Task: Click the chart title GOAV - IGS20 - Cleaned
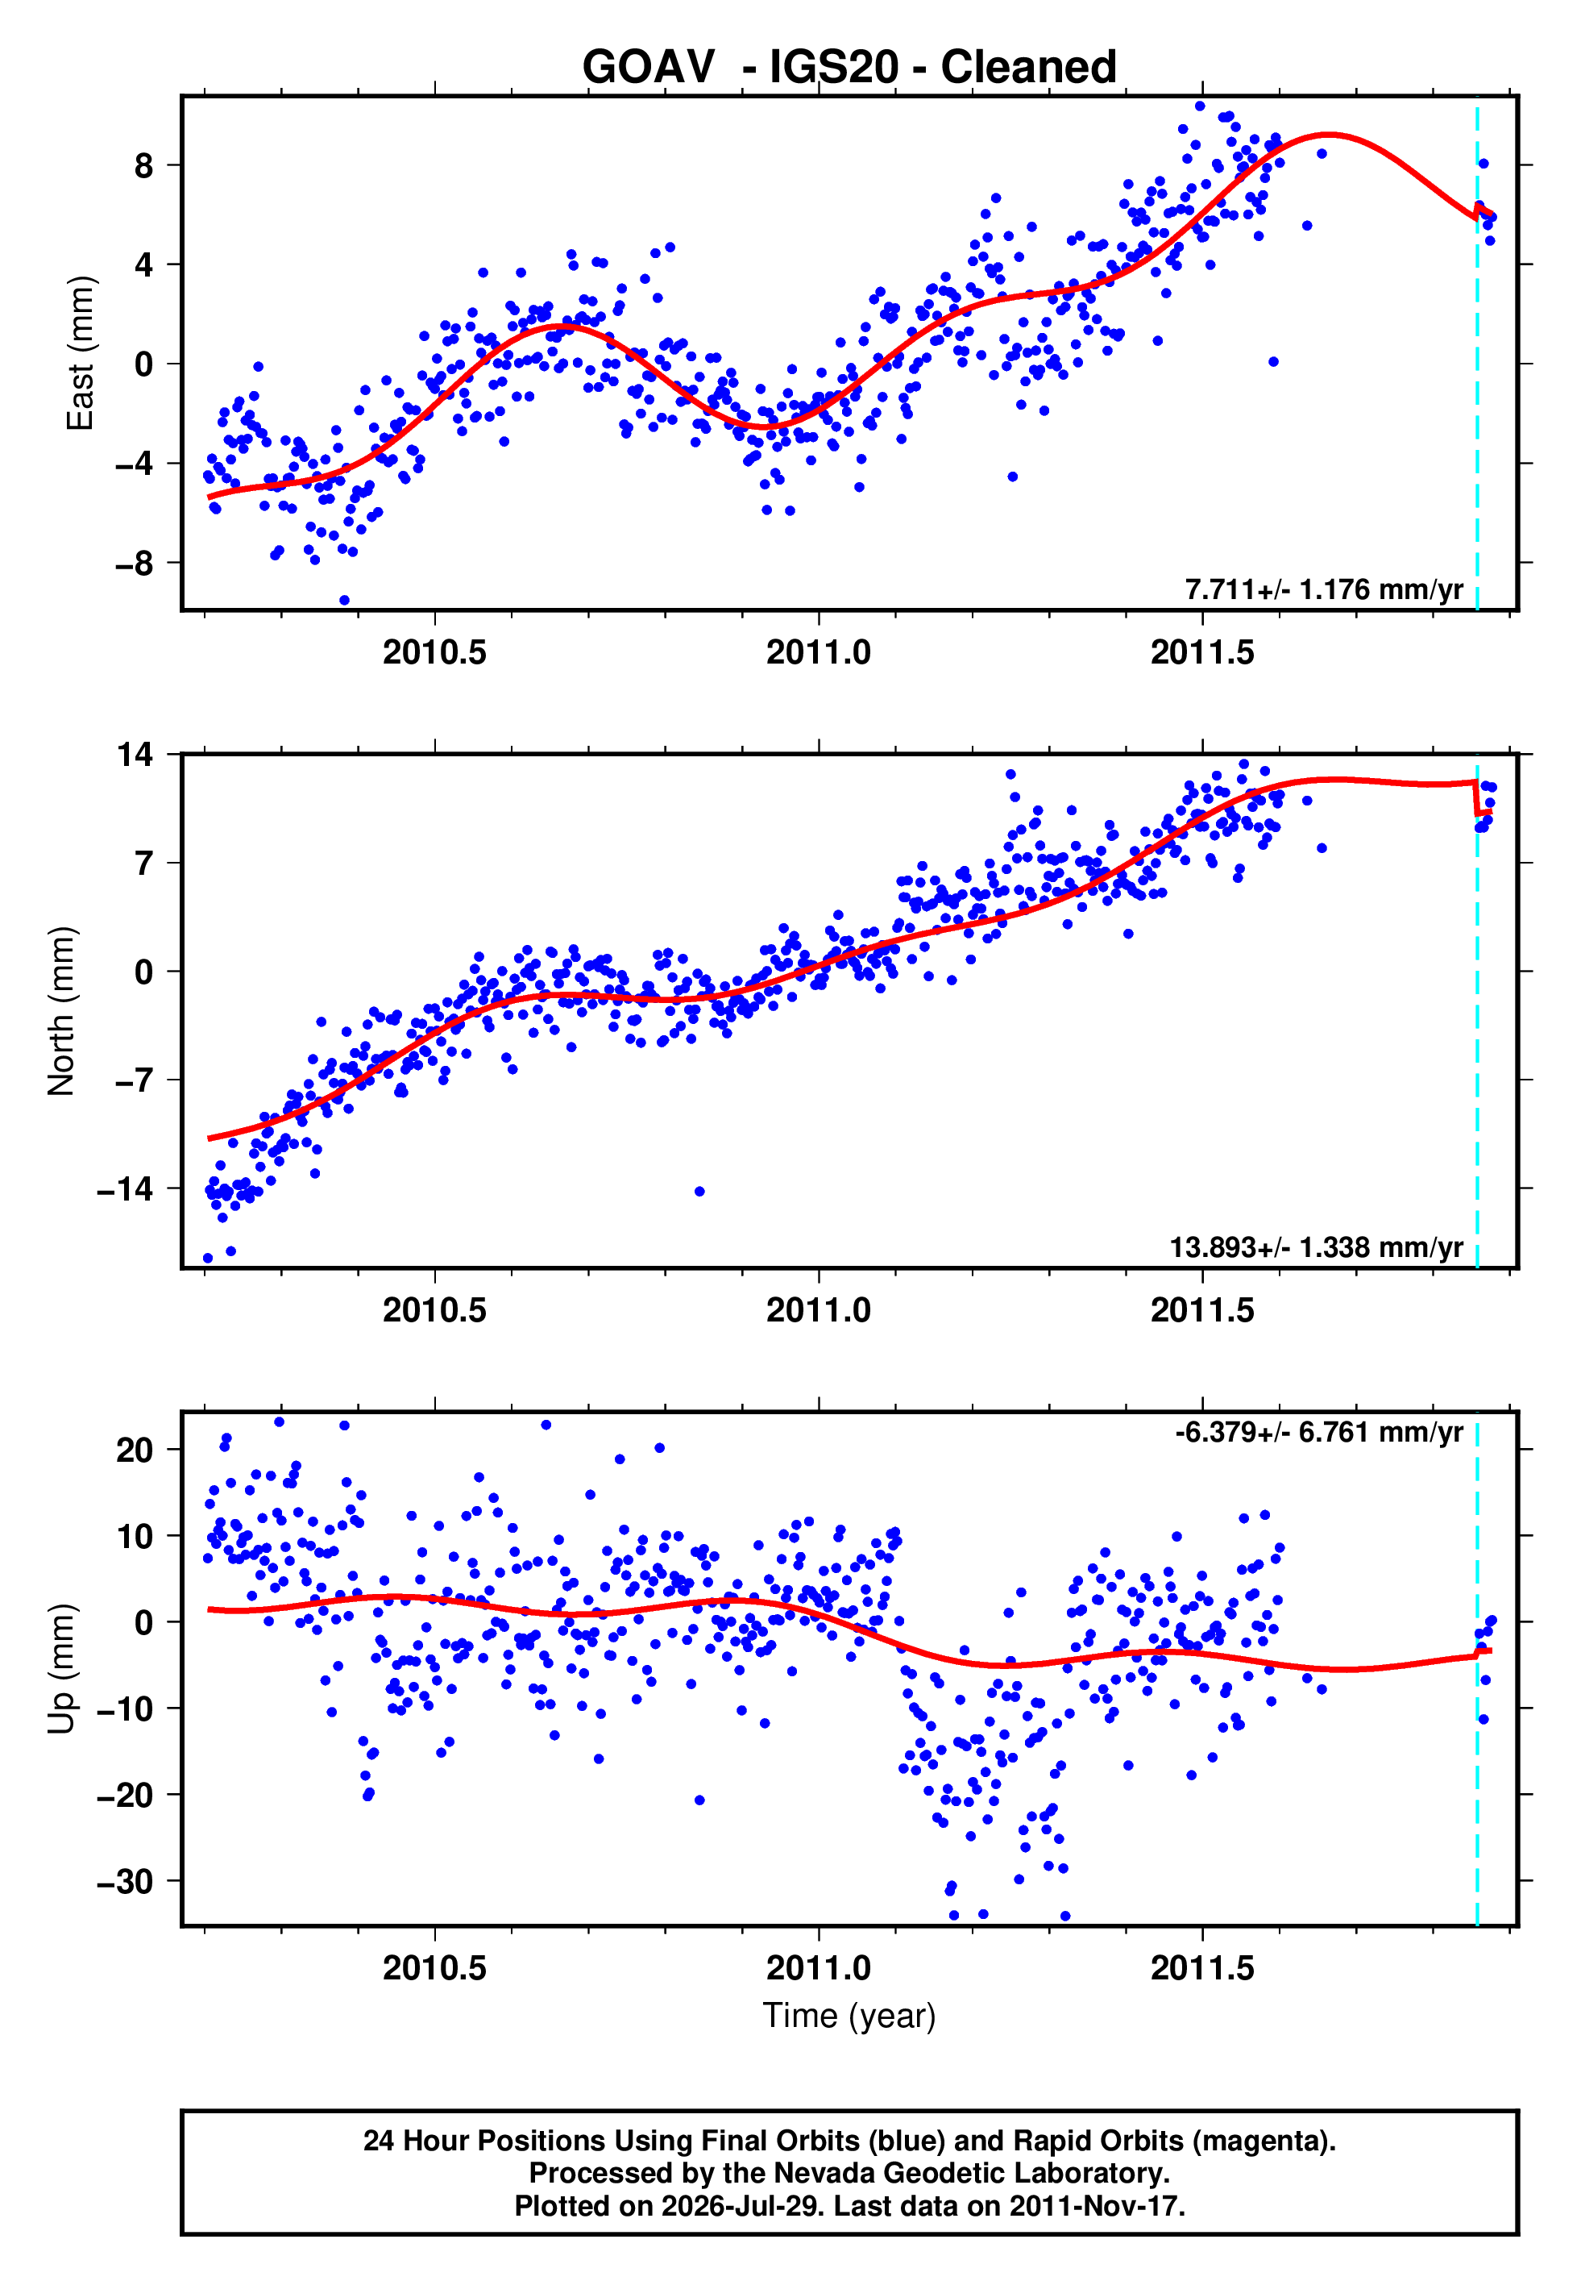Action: click(x=849, y=68)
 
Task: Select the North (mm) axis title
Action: click(x=60, y=1011)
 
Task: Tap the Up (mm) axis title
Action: click(x=60, y=1669)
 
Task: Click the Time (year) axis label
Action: click(x=849, y=2016)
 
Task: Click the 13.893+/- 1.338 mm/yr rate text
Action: click(x=1316, y=1247)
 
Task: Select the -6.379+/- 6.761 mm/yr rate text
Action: click(x=1318, y=1432)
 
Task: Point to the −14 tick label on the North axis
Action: click(x=126, y=1188)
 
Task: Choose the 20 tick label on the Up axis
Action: click(x=135, y=1450)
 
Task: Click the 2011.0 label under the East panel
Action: click(x=818, y=652)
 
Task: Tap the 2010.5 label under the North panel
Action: click(x=434, y=1310)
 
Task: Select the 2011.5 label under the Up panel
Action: click(x=1202, y=1968)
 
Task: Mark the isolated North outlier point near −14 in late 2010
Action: click(x=699, y=1191)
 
